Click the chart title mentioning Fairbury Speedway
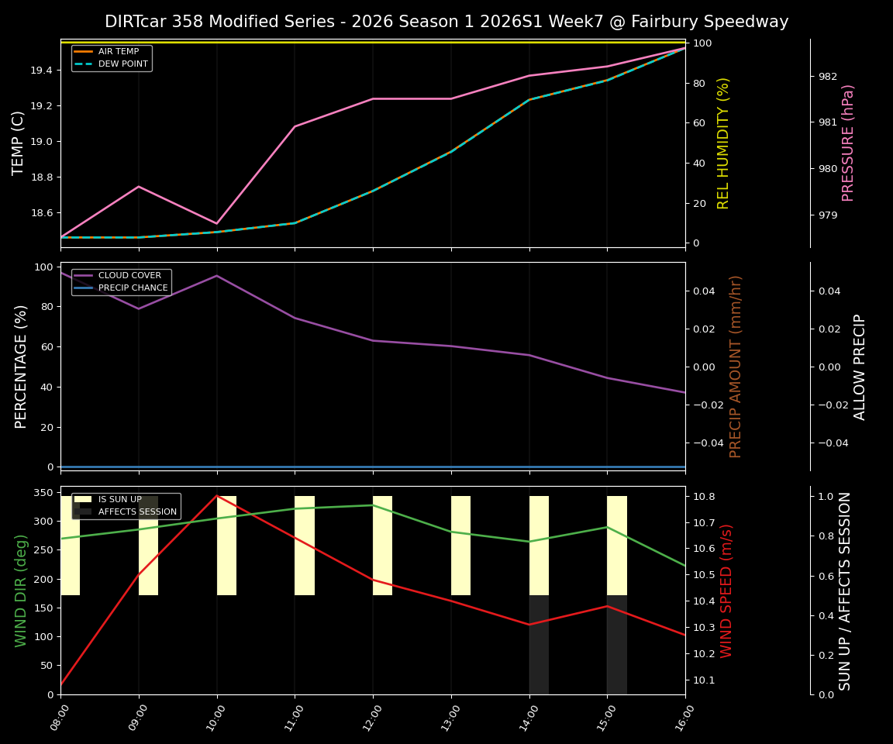point(446,22)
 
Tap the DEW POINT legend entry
point(122,64)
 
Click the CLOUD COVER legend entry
point(129,276)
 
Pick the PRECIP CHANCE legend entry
point(133,288)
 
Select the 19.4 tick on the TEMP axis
point(40,71)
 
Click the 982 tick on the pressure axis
point(828,76)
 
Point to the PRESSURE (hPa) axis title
point(849,143)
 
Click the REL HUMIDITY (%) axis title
point(723,143)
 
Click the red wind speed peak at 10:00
point(217,495)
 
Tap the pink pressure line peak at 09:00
point(139,186)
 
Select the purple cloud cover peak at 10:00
point(217,276)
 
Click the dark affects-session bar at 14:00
point(539,645)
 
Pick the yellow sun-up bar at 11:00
point(305,546)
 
